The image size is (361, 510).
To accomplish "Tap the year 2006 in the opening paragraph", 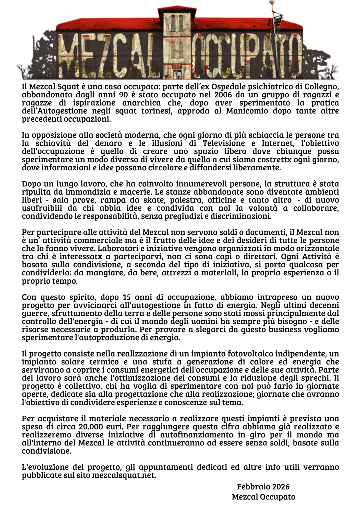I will click(224, 95).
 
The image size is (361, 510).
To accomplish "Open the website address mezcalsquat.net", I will click(123, 476).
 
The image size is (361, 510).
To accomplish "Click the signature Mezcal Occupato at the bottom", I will click(263, 497).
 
